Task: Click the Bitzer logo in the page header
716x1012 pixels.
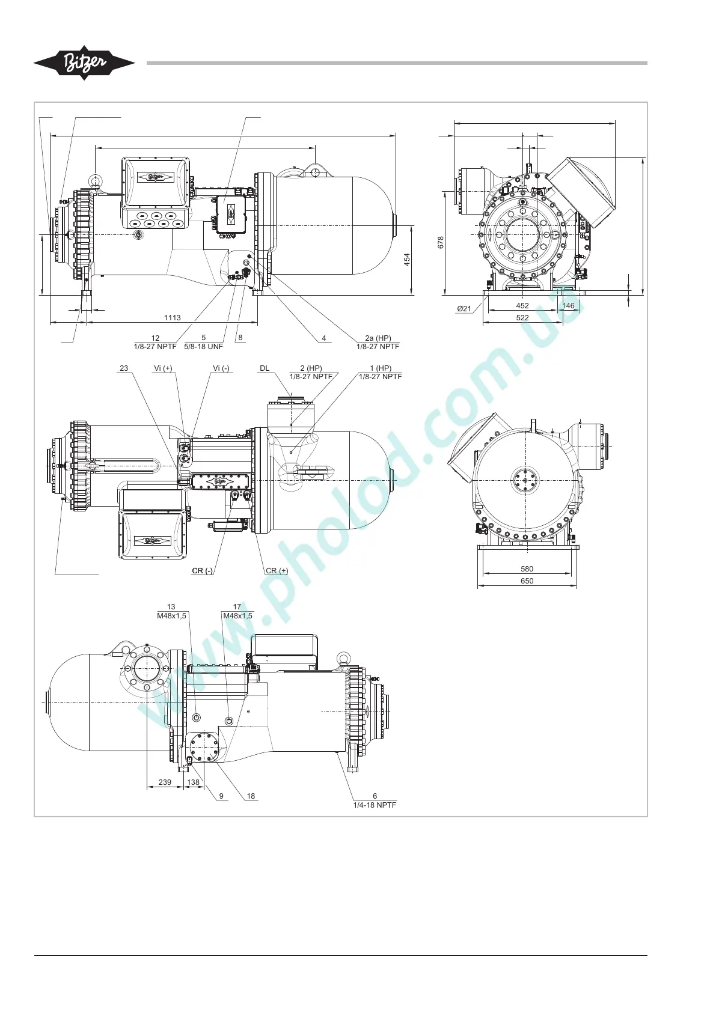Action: (x=84, y=63)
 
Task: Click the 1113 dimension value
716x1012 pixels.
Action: (x=172, y=318)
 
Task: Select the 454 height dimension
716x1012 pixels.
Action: (x=407, y=260)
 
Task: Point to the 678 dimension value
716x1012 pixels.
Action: (x=441, y=242)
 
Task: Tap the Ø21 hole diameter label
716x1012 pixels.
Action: (x=464, y=308)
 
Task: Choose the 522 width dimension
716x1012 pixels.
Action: (x=522, y=318)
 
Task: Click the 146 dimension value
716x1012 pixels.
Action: (x=568, y=306)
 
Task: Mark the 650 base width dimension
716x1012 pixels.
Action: (x=527, y=581)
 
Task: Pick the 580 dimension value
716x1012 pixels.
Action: (x=527, y=568)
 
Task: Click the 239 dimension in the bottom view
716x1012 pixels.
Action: (x=165, y=782)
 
